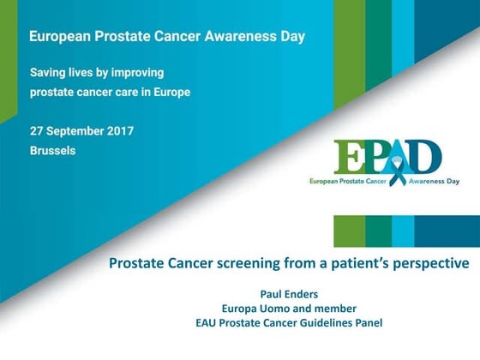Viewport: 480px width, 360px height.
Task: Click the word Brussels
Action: point(52,150)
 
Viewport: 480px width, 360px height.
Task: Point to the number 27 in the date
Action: point(37,131)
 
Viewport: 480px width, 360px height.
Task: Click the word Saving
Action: point(48,72)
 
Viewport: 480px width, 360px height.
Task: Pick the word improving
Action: point(135,72)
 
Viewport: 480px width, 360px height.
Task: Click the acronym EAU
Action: point(207,323)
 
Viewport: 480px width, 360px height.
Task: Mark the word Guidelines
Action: point(327,323)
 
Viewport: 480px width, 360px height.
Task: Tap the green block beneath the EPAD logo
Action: point(349,231)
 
